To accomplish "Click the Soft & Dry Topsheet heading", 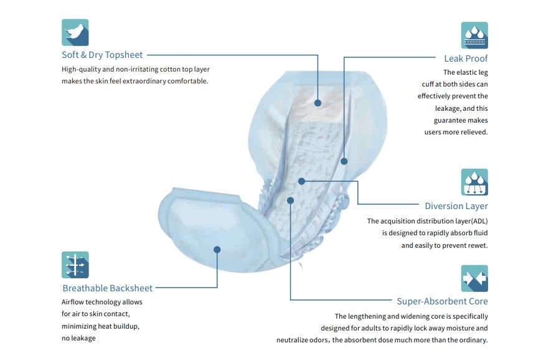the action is tap(102, 55).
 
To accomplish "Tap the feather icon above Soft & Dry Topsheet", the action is tap(75, 32).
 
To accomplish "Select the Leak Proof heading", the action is tap(466, 59).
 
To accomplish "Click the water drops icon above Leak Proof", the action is tap(474, 35).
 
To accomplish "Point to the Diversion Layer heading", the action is tap(456, 206).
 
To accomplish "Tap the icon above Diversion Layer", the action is tap(474, 182).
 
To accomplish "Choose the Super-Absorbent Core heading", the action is tap(443, 301).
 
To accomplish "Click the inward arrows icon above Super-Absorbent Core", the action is tap(474, 278).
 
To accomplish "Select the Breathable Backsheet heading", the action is tap(108, 288).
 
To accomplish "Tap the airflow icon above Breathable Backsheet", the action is tap(75, 265).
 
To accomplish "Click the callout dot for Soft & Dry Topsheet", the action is tap(318, 103).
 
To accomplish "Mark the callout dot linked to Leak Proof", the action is tap(344, 161).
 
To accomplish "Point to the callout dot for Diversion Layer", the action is tap(301, 181).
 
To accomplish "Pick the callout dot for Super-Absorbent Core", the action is tap(290, 200).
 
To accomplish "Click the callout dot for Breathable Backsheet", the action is tap(217, 250).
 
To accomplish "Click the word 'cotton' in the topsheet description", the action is tap(170, 70).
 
